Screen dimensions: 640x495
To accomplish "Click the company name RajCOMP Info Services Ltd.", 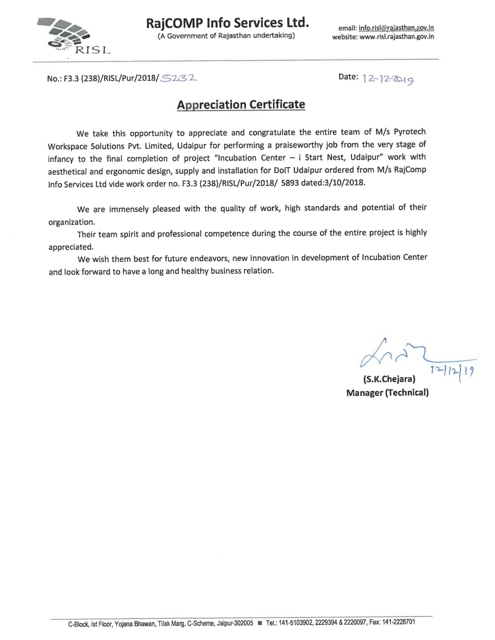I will point(227,23).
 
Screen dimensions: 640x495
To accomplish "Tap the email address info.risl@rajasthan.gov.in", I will point(396,28).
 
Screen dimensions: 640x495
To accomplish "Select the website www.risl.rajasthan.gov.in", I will point(396,37).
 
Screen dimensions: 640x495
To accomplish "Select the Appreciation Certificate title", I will point(241,105).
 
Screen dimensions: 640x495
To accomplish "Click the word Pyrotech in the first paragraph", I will point(410,132).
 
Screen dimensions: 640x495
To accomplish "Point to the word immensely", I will point(129,209).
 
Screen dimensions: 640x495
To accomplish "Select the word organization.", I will point(71,222).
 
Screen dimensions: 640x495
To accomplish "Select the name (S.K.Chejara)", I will point(389,379).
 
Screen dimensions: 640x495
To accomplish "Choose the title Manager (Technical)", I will point(387,393).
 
